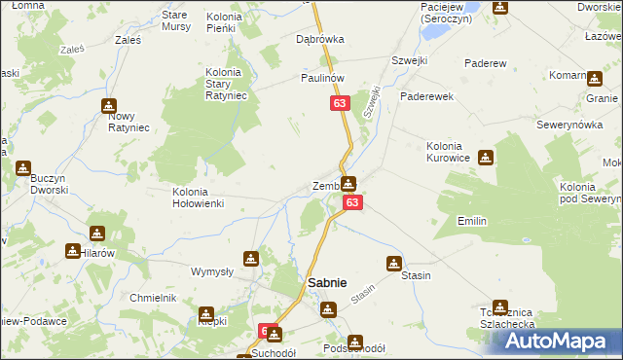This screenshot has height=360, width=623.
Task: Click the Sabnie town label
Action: click(x=326, y=283)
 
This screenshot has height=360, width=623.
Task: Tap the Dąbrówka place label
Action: click(x=320, y=40)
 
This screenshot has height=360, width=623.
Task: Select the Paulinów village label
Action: click(x=323, y=78)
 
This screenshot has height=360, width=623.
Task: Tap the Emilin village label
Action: click(x=472, y=222)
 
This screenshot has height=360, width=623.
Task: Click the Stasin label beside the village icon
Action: click(x=416, y=275)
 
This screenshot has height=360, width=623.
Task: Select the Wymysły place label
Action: click(x=211, y=271)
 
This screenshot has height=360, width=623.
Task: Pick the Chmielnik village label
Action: click(x=152, y=298)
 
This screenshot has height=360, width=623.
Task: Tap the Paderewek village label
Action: click(x=424, y=96)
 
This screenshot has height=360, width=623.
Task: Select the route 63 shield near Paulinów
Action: click(x=339, y=102)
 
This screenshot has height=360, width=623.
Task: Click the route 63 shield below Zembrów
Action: click(x=352, y=202)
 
